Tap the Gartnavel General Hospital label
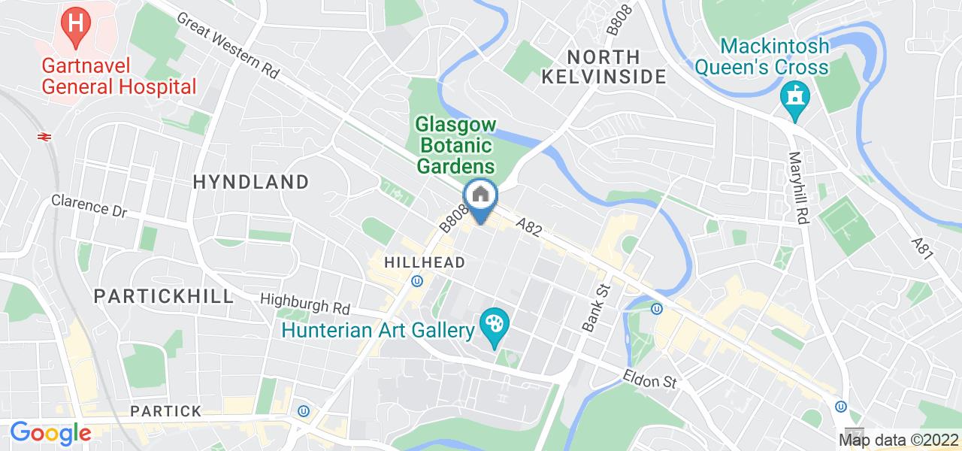(x=119, y=76)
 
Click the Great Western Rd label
(x=228, y=46)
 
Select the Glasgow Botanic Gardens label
(x=455, y=144)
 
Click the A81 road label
(x=923, y=250)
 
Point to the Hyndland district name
(x=251, y=182)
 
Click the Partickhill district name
(x=164, y=296)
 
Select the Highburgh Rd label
(x=305, y=304)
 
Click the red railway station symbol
(x=44, y=136)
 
